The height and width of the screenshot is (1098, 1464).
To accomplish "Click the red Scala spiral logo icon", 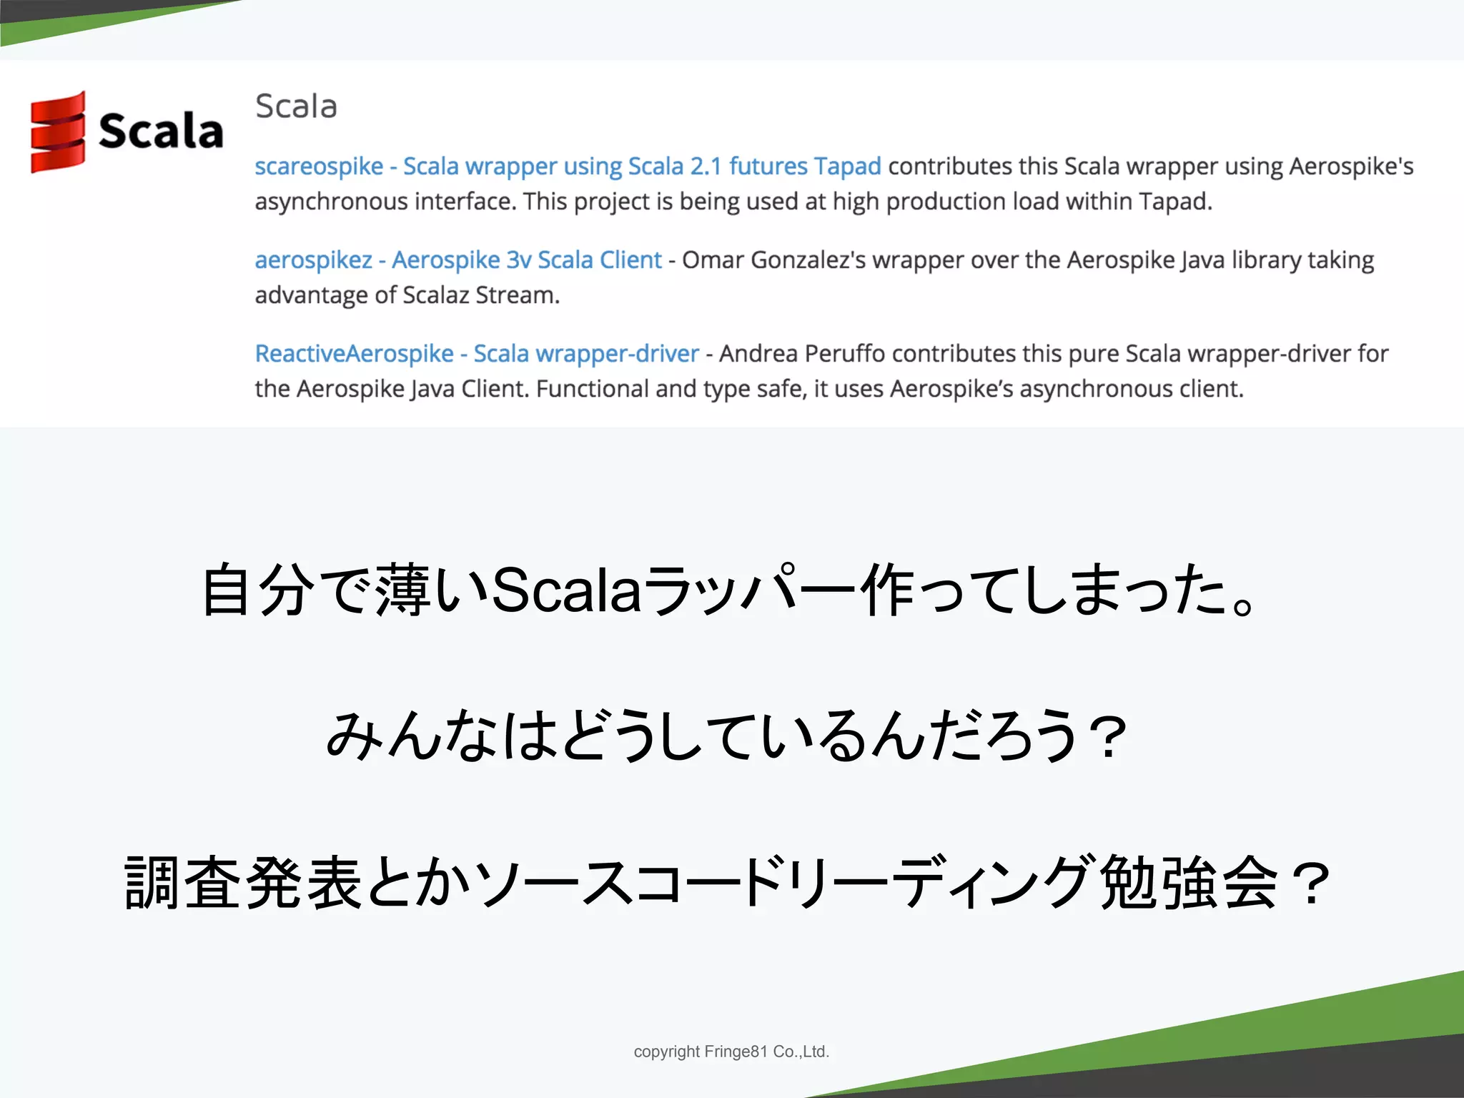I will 58,132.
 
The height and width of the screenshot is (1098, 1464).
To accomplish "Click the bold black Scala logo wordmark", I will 161,132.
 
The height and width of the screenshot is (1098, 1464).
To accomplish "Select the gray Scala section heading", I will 296,107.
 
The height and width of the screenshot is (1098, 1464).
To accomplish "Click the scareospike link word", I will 319,167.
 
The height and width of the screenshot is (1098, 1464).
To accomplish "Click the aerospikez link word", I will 313,260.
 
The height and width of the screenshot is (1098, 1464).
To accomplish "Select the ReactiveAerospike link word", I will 354,354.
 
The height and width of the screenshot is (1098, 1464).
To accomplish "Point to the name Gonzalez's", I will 808,260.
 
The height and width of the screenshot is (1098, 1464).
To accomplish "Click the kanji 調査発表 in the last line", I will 243,883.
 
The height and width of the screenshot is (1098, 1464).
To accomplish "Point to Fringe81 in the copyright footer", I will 736,1052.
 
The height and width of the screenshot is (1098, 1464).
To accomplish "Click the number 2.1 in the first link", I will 706,167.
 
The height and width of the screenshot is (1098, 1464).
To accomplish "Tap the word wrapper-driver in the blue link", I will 617,354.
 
